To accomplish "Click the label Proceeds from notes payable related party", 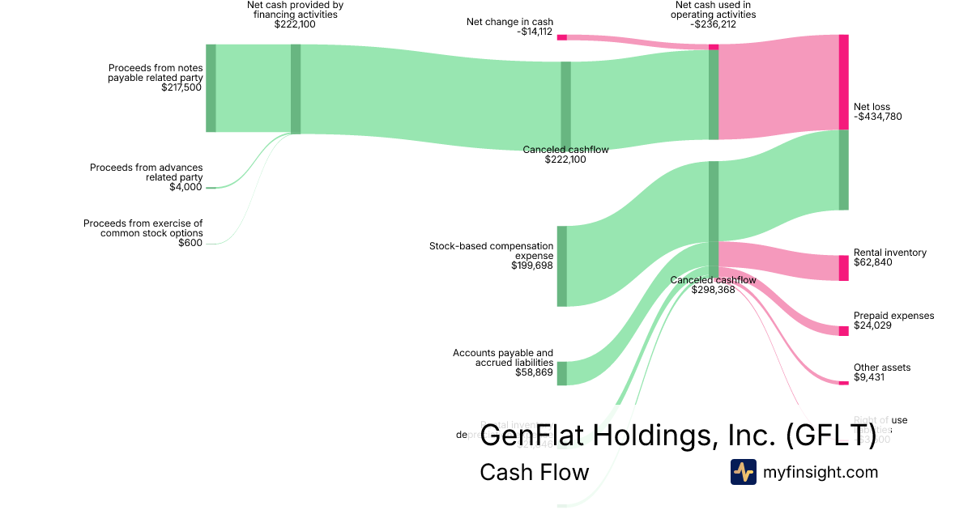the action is pos(155,78).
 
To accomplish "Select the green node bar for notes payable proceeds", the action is pos(211,87).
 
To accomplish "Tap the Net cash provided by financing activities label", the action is pos(295,15).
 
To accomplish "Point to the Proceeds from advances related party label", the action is pos(147,177).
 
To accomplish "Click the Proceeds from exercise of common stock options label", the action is pos(143,233).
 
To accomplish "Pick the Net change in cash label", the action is pos(510,27).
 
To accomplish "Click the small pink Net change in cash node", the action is pos(561,37).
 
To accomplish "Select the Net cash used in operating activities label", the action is pos(714,15).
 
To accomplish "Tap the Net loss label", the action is pos(877,112).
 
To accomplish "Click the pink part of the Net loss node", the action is pos(843,81).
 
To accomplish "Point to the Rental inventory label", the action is pos(889,257).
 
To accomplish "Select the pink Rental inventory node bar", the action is pos(843,268).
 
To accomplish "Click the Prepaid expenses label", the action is pos(893,321).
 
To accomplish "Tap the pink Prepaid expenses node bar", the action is pos(843,330).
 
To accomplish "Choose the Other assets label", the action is pos(882,372).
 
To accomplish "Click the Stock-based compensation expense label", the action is pos(492,255).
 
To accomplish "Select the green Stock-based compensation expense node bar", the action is pos(561,266).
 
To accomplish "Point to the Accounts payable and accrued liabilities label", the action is pos(503,363).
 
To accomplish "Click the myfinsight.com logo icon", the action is pos(743,472).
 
